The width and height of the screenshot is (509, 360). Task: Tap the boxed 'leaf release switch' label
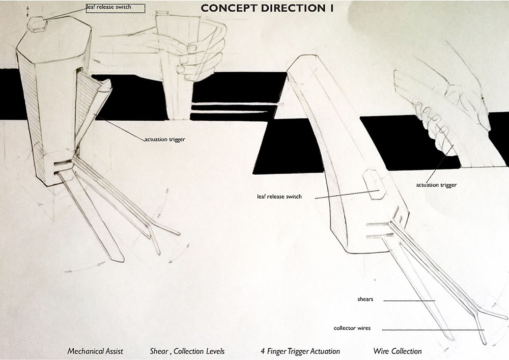[x=116, y=8]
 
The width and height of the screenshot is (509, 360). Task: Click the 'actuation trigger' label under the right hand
[x=436, y=185]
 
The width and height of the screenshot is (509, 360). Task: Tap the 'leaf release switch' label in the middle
[x=279, y=197]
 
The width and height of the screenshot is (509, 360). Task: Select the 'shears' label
[x=365, y=299]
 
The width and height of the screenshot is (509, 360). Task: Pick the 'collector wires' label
[x=352, y=328]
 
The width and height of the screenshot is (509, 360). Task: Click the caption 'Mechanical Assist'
[x=95, y=351]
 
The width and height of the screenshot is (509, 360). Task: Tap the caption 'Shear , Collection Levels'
[x=187, y=351]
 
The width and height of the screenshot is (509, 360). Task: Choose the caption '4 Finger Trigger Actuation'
[x=299, y=351]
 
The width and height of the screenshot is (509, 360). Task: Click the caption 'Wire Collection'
[x=397, y=351]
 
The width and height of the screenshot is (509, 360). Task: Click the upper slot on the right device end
[x=380, y=224]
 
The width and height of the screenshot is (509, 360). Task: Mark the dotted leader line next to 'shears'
[x=409, y=300]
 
